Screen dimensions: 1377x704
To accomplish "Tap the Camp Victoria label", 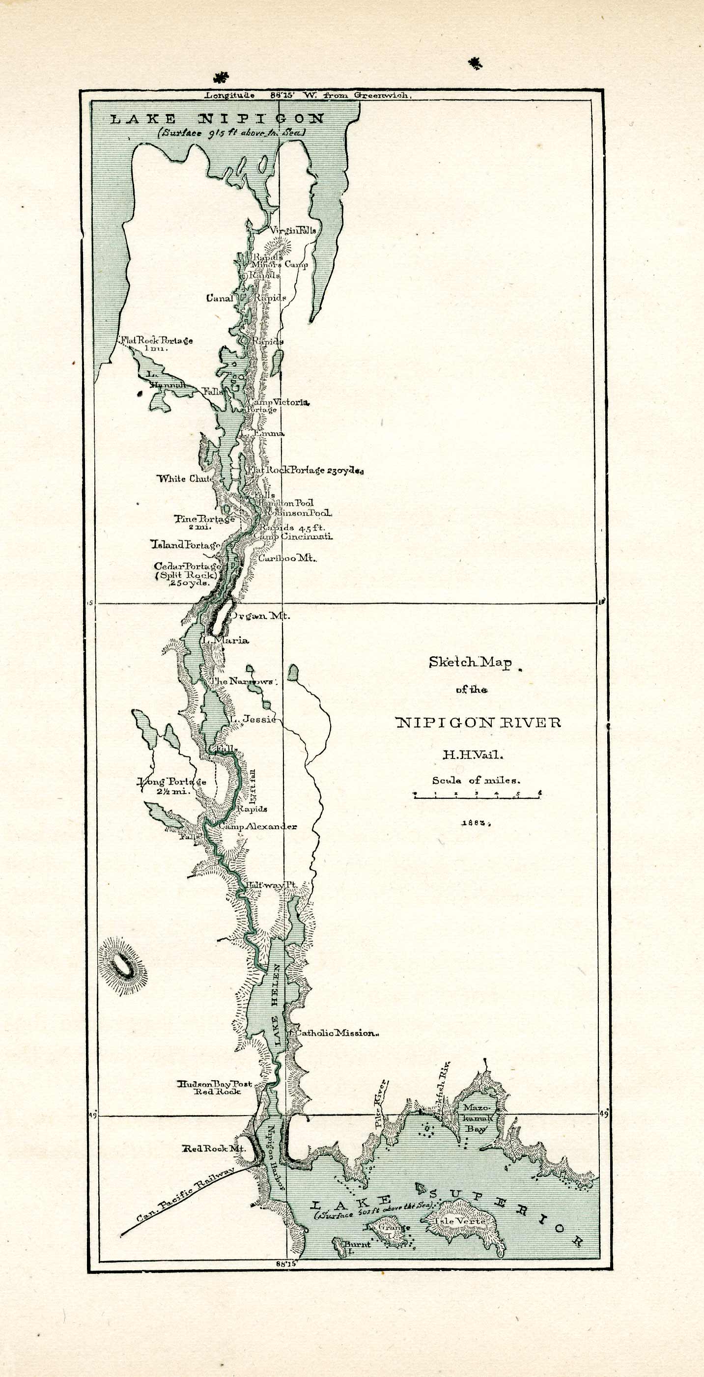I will coord(278,402).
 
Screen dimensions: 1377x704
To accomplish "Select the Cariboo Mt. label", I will coord(287,558).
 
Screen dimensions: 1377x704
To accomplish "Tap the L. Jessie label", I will coord(254,719).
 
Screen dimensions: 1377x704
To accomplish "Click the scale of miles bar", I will coord(478,795).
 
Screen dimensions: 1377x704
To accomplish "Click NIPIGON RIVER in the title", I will coord(479,723).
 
